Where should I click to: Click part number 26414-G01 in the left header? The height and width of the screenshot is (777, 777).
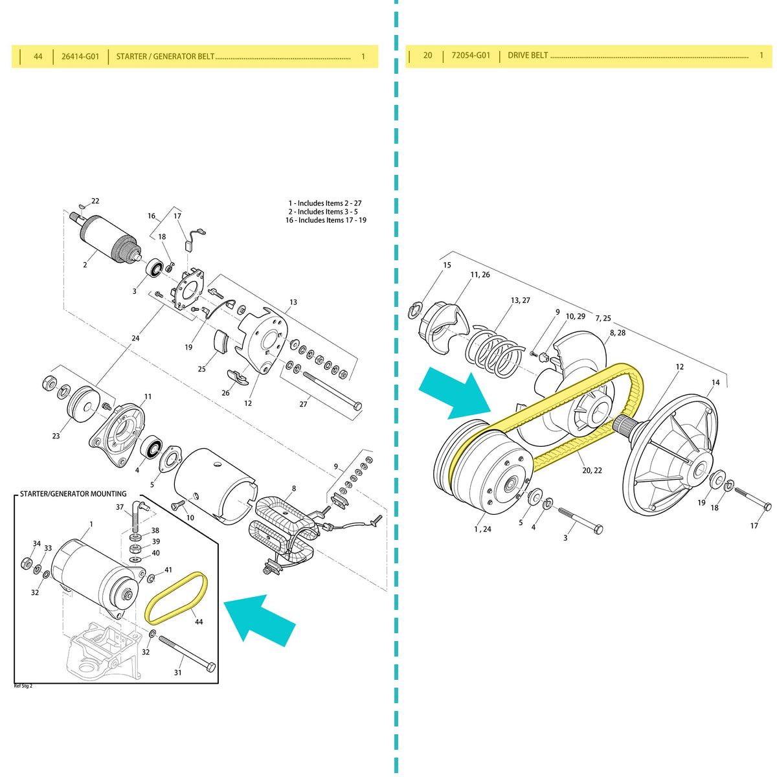80,56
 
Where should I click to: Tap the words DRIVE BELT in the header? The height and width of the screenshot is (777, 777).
528,56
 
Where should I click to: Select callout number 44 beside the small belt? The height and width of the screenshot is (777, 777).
199,622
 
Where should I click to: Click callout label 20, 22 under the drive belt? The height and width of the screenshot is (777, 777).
592,471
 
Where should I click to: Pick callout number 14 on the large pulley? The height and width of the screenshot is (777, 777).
715,383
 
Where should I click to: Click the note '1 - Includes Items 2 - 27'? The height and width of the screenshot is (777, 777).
325,203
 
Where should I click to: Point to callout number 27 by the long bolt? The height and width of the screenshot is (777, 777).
304,405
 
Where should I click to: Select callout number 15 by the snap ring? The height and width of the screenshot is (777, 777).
447,265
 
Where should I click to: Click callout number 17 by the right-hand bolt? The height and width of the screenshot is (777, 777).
754,526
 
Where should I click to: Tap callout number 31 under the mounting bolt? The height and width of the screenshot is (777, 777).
177,672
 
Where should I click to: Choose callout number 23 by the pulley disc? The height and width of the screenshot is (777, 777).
56,436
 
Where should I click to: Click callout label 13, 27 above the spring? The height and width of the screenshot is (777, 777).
520,300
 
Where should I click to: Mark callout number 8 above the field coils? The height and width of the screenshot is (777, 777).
294,489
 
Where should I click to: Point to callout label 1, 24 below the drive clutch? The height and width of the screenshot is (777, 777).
482,529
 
